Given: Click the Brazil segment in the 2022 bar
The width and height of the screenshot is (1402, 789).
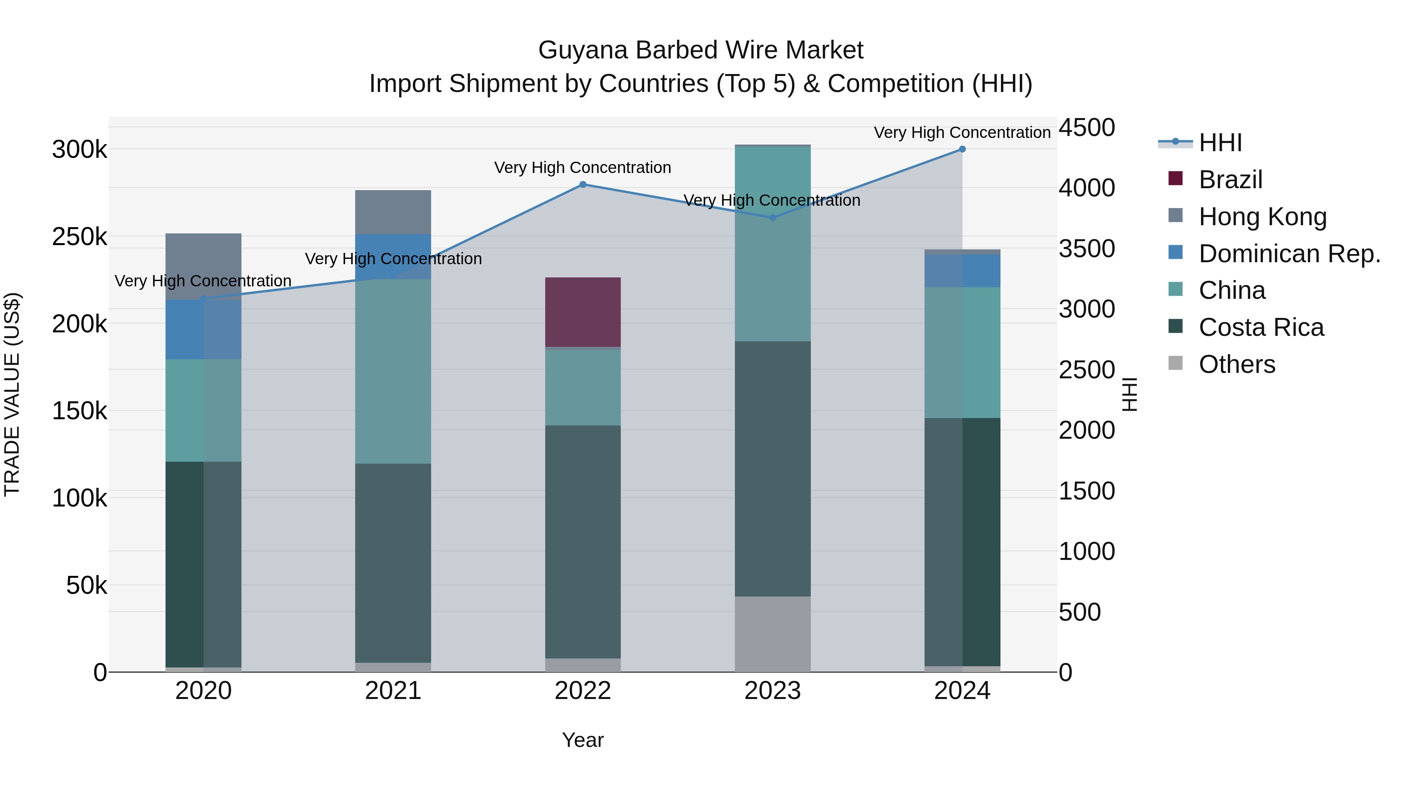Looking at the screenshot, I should click(x=583, y=312).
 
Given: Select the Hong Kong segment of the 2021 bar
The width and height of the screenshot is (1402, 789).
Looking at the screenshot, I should click(x=393, y=212).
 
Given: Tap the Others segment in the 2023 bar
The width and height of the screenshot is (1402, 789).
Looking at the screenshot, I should click(x=772, y=634).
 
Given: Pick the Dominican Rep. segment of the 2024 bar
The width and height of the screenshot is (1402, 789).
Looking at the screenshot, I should click(x=962, y=271).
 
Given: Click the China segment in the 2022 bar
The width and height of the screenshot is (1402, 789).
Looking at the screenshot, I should click(x=583, y=387).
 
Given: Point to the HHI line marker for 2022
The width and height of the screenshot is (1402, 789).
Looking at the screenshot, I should click(x=583, y=185).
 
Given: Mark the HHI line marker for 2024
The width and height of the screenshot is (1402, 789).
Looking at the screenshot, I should click(x=962, y=149).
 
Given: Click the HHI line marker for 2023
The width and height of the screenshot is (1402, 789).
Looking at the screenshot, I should click(x=772, y=218).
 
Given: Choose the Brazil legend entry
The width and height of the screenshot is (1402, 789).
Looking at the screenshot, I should click(x=1230, y=180).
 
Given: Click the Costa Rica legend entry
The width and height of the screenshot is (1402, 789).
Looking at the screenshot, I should click(x=1261, y=327).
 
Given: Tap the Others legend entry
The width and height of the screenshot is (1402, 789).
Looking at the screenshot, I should click(x=1236, y=364).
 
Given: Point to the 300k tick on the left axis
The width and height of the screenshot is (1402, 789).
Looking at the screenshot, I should click(x=80, y=149).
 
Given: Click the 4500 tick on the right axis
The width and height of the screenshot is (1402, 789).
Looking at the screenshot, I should click(x=1086, y=128).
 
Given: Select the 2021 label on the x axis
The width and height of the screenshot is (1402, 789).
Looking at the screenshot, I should click(x=393, y=691).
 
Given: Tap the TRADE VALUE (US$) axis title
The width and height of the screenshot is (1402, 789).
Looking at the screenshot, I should click(x=12, y=394).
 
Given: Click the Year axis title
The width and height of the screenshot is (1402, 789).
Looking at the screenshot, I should click(x=583, y=740).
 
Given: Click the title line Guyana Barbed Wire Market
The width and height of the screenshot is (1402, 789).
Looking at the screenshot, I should click(x=701, y=50).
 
